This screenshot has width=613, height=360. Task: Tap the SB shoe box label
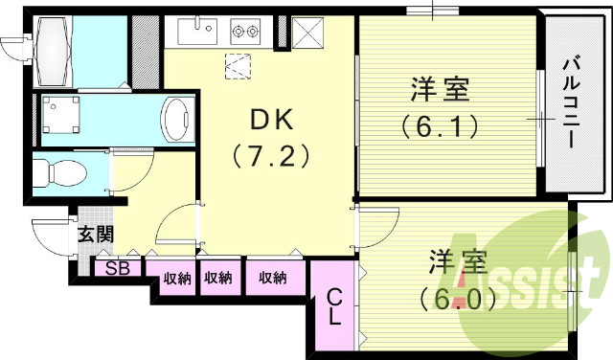point(118,269)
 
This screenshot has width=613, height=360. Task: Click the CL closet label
point(334,307)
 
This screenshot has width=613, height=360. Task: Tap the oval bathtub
point(178,120)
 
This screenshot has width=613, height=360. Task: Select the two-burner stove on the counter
point(246,32)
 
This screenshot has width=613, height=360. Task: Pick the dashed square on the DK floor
point(238,66)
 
